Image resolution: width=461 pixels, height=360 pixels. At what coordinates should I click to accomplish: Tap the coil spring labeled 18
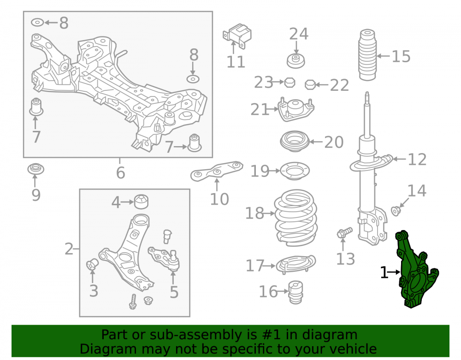[296, 218]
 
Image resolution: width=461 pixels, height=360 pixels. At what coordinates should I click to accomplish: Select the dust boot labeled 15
[367, 55]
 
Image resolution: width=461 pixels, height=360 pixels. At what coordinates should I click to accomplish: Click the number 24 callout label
[299, 34]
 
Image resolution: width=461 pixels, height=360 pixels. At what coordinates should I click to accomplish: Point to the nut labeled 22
[310, 85]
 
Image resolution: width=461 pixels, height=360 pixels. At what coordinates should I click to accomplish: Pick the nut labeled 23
[290, 82]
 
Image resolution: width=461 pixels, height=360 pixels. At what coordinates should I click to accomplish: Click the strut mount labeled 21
[296, 110]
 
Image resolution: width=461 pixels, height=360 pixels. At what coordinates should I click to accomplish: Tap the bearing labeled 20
[295, 142]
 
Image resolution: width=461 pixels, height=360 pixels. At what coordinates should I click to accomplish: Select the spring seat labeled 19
[295, 171]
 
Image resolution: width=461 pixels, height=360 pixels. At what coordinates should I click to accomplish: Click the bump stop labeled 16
[295, 292]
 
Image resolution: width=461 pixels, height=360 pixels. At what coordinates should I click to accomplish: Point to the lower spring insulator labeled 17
[296, 264]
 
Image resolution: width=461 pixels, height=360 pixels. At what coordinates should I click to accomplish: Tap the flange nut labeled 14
[396, 211]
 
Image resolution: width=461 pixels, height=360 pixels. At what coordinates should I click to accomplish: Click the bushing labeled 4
[141, 201]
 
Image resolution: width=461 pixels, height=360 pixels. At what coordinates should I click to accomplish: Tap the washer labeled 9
[35, 169]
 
